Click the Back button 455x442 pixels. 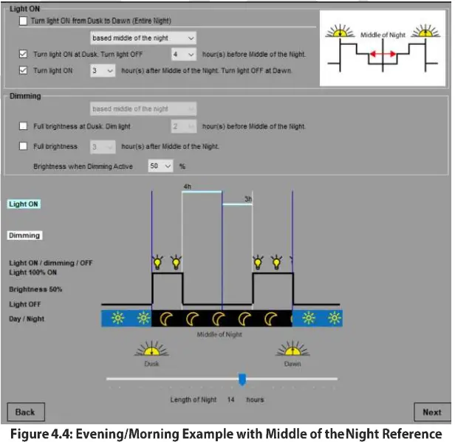point(25,412)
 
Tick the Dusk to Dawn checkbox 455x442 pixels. point(23,21)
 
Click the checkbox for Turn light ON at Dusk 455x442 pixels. point(23,55)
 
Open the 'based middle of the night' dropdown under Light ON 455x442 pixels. point(143,38)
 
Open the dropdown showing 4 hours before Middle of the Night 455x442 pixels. point(183,55)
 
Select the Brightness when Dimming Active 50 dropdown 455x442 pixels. point(160,167)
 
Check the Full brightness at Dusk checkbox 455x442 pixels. point(23,126)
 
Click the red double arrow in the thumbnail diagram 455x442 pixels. point(382,55)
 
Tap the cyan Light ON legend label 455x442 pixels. point(24,204)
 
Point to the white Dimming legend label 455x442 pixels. point(24,235)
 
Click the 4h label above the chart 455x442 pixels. point(188,187)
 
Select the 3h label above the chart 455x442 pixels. point(248,198)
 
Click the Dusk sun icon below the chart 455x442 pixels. point(152,351)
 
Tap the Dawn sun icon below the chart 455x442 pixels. point(292,351)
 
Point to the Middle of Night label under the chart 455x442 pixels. point(219,334)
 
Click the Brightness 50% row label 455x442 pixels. point(35,289)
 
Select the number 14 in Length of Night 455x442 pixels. point(231,399)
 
